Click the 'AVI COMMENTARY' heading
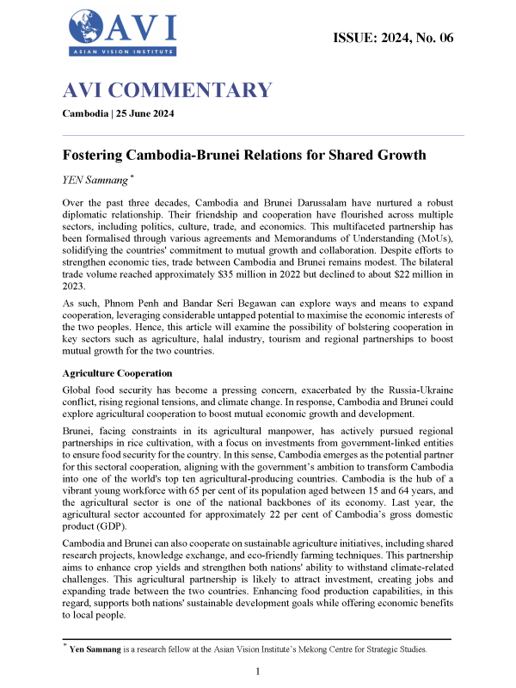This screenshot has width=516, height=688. (168, 90)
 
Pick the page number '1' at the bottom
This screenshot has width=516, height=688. (258, 670)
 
